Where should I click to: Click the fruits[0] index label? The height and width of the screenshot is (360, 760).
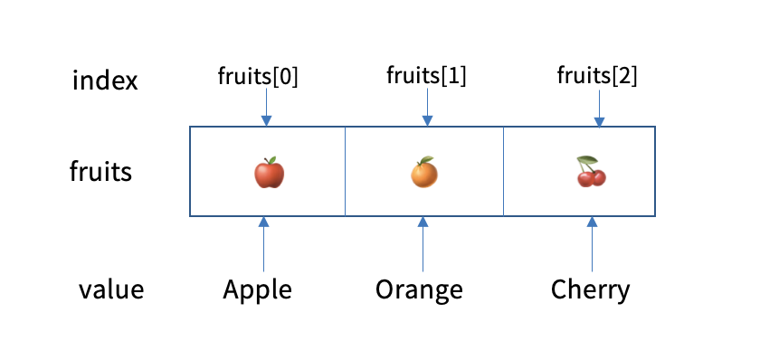click(258, 77)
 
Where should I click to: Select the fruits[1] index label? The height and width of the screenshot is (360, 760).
click(426, 77)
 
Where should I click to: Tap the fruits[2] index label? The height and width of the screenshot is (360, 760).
click(596, 77)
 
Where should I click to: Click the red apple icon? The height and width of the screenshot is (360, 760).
click(269, 173)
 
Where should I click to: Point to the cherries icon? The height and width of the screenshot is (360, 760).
click(591, 172)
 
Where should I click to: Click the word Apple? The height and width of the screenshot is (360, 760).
click(258, 290)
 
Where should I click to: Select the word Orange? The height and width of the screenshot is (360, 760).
click(419, 290)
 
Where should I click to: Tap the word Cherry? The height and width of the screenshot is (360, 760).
click(590, 290)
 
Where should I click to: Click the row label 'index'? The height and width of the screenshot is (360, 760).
click(105, 81)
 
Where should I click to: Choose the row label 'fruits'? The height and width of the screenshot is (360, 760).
click(100, 171)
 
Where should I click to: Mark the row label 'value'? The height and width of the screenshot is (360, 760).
click(111, 290)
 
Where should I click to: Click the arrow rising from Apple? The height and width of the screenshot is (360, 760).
click(264, 244)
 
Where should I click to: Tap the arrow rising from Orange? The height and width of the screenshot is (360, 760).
click(423, 244)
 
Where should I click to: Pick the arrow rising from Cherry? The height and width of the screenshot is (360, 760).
click(591, 244)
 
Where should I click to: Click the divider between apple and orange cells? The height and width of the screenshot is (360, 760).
click(346, 172)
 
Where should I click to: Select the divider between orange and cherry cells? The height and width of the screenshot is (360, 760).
click(503, 172)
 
